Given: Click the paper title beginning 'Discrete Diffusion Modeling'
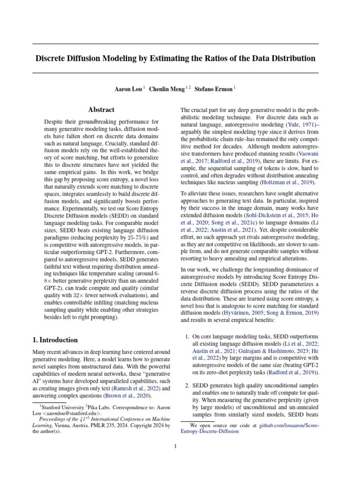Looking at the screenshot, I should (x=175, y=59).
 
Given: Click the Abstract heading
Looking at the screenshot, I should (x=101, y=110).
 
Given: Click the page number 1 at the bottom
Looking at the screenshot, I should (x=175, y=446).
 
